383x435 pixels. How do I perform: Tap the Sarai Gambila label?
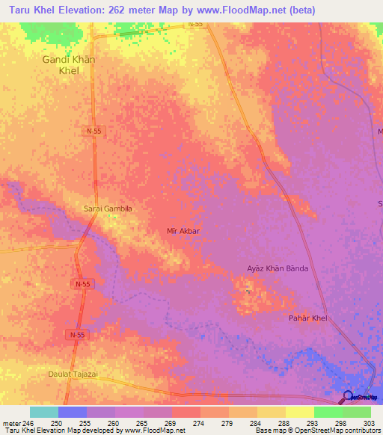click(x=107, y=209)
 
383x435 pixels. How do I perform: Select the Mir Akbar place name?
click(x=183, y=231)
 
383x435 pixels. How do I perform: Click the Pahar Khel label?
click(x=308, y=318)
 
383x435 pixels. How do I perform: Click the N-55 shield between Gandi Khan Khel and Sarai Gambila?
click(x=93, y=131)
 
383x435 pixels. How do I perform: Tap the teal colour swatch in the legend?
click(x=43, y=412)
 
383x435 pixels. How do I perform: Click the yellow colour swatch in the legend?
click(x=299, y=412)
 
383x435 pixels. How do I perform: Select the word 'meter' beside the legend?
click(x=10, y=422)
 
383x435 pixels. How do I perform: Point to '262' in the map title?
click(x=124, y=10)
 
